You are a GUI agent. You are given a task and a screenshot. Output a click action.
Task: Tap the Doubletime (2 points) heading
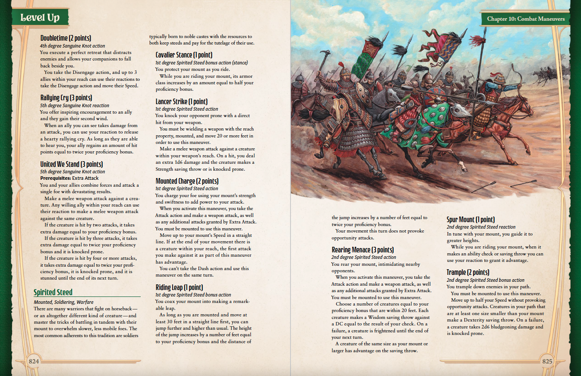point(66,38)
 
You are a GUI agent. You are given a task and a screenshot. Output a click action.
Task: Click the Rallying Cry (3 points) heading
point(66,98)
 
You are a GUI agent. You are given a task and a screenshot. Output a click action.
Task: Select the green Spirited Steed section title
point(53,292)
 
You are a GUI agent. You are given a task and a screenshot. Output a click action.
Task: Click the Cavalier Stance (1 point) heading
point(184,55)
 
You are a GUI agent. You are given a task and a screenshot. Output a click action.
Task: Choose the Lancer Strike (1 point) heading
point(181,102)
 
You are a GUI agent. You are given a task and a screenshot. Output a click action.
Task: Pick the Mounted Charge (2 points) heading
point(187,181)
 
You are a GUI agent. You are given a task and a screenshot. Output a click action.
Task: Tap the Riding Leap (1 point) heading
point(179,287)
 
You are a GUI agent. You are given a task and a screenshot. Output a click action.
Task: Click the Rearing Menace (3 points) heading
point(363,250)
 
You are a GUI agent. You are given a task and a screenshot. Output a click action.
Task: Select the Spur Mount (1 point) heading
point(470,220)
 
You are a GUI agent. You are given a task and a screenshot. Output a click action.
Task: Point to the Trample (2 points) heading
point(468,272)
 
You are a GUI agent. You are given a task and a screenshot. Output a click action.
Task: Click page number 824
point(33,361)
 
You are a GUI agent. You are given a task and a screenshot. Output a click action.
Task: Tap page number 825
point(547,361)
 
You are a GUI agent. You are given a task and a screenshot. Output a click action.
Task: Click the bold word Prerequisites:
point(56,178)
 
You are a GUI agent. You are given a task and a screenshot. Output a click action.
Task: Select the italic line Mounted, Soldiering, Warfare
point(63,302)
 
